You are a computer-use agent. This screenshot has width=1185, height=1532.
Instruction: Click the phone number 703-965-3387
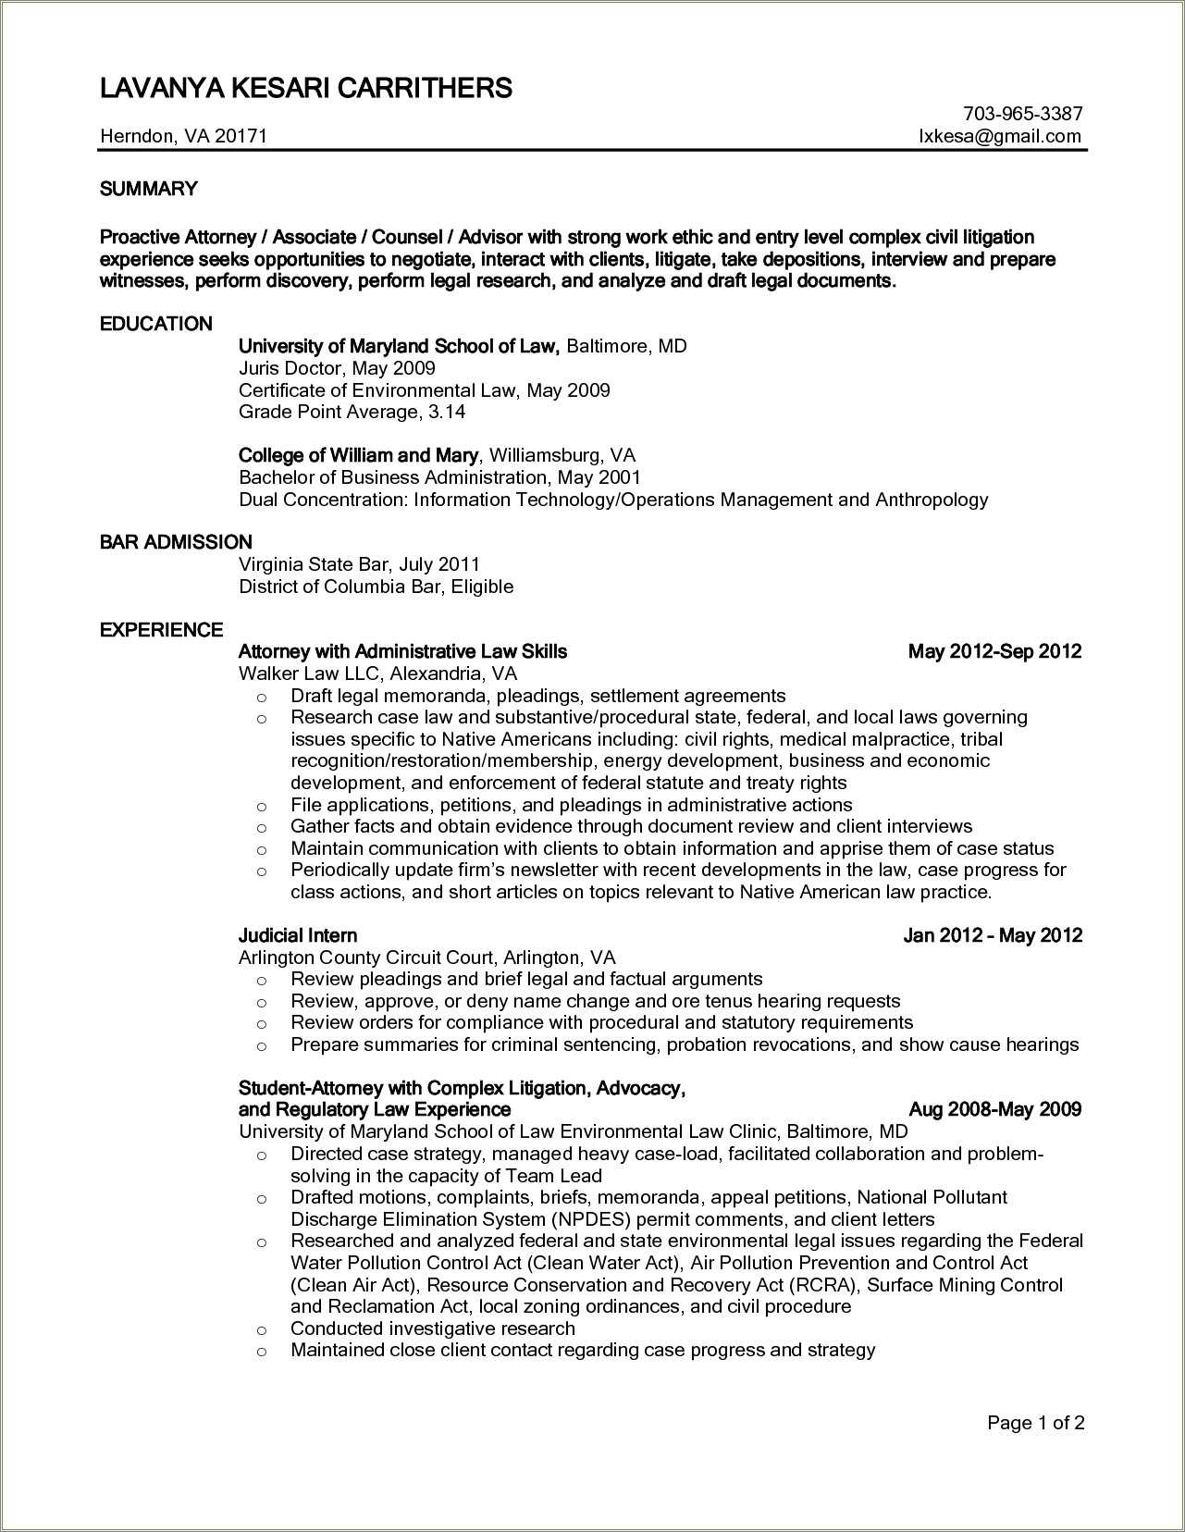point(1022,114)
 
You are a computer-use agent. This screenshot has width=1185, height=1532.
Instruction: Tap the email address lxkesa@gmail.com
point(999,136)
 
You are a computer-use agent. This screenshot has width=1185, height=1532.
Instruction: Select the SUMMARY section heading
point(148,189)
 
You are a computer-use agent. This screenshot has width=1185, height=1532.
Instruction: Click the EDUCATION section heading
point(155,324)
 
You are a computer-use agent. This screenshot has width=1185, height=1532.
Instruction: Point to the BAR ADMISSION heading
point(176,542)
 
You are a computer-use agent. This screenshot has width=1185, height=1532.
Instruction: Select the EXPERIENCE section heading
point(161,630)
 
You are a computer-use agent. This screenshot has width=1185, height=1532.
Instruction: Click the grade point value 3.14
point(447,412)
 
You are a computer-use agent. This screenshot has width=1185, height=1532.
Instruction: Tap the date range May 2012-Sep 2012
point(994,651)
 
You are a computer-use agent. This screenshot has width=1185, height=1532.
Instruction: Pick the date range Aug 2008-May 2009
point(994,1109)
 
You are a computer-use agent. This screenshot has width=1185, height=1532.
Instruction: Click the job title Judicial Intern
point(297,935)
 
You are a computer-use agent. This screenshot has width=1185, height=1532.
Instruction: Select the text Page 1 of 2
point(1035,1423)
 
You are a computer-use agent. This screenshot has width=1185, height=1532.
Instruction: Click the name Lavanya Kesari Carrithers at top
point(305,88)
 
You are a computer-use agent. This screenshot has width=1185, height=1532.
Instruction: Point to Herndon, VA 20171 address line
point(183,136)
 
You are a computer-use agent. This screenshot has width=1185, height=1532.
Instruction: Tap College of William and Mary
point(358,455)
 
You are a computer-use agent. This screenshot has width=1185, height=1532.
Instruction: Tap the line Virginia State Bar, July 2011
point(359,564)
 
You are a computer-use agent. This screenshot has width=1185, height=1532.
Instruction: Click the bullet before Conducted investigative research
point(262,1329)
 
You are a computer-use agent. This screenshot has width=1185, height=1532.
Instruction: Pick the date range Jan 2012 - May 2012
point(992,935)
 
